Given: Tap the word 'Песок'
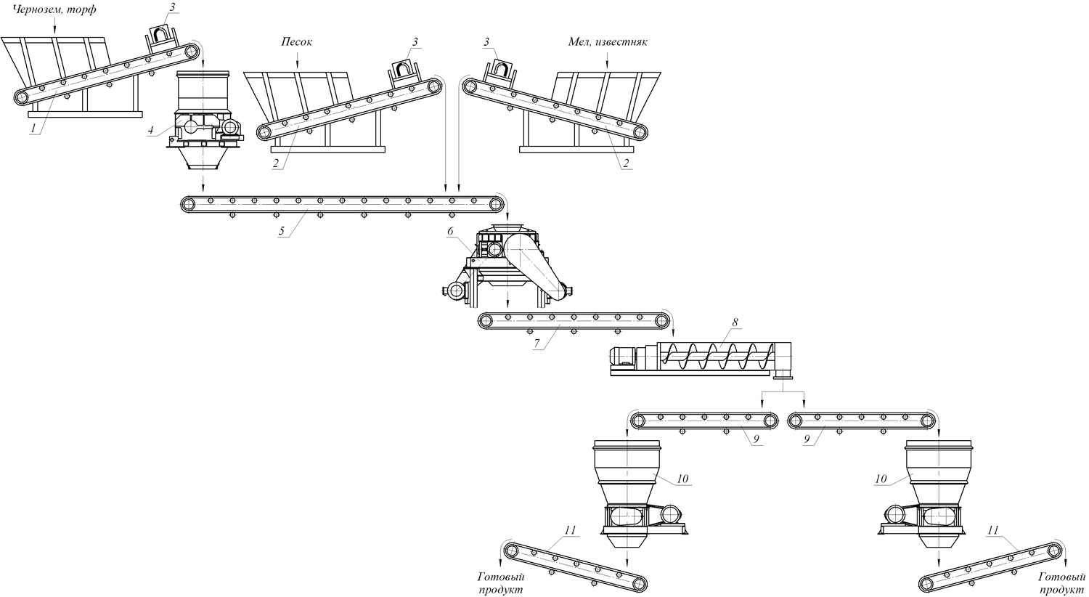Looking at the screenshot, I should [x=296, y=42].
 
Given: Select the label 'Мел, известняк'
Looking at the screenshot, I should [x=607, y=42].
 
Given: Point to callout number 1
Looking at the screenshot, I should [x=33, y=128].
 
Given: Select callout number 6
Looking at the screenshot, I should [x=450, y=230].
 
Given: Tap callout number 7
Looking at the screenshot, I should [x=537, y=345].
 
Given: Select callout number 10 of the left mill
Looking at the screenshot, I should [x=682, y=479].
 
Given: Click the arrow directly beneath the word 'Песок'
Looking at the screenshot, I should [x=297, y=62].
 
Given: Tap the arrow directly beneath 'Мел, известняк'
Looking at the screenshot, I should [x=607, y=62].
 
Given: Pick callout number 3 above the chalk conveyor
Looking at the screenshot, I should [x=488, y=42].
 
